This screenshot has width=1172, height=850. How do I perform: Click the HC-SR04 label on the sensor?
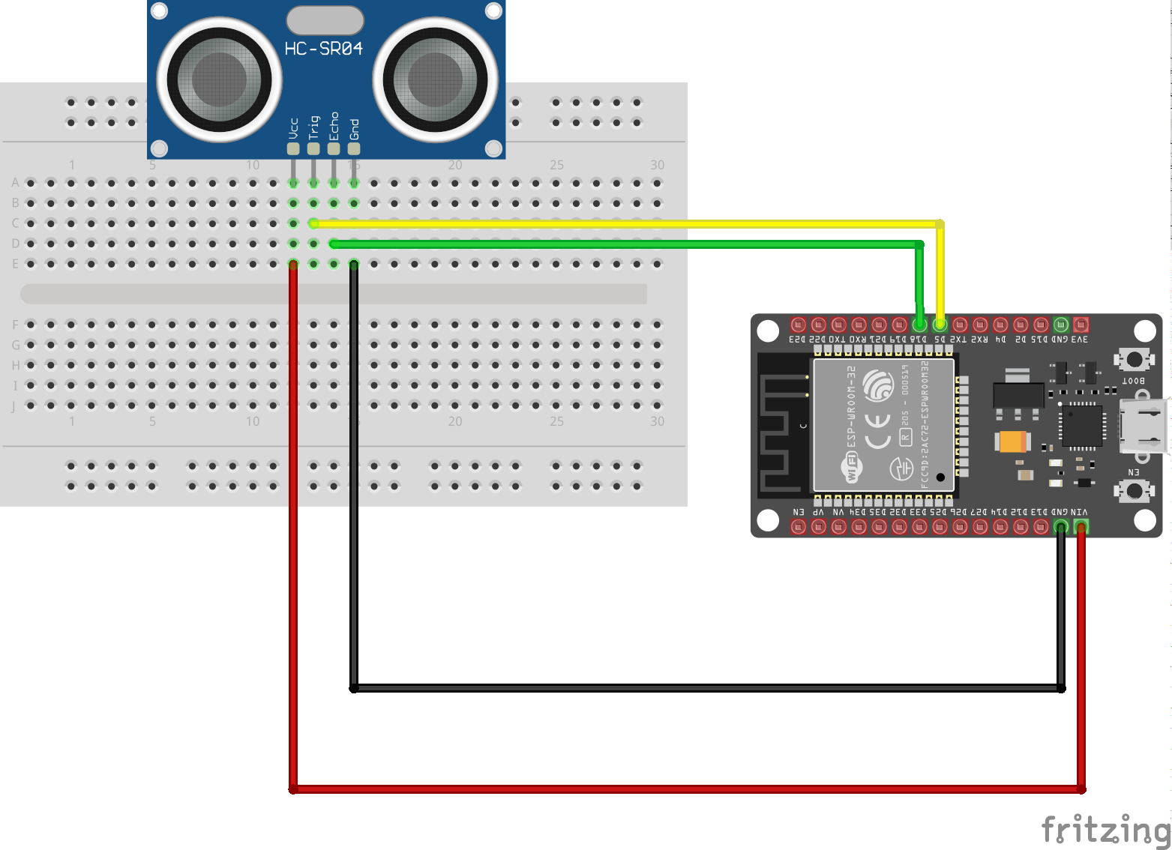coord(323,49)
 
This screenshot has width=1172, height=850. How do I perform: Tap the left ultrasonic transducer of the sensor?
coord(219,79)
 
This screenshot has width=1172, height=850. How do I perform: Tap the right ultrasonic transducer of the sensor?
coord(435,79)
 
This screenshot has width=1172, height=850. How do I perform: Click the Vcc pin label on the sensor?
coord(293,128)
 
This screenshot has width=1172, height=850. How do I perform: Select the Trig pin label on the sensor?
coord(313,127)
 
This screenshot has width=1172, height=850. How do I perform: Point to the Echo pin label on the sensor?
coord(334,126)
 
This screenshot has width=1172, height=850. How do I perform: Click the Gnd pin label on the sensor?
coord(354,129)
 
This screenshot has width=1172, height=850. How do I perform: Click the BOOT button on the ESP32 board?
coord(1134,359)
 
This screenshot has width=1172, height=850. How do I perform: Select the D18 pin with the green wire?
coord(919,325)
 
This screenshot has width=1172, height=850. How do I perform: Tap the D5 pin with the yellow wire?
coord(940,325)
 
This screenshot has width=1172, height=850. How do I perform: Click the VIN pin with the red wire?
coord(1081,527)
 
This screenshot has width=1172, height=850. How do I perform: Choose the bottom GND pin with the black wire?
coord(1060,527)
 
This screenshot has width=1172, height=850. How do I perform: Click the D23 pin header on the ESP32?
coord(798,325)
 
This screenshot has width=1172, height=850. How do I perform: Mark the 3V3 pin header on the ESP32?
coord(1081,325)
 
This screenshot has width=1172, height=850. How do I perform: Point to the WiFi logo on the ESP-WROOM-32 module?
coord(853,469)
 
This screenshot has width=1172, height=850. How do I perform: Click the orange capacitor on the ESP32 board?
coord(1012,442)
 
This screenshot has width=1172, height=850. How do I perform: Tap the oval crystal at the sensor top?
coord(325,20)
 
